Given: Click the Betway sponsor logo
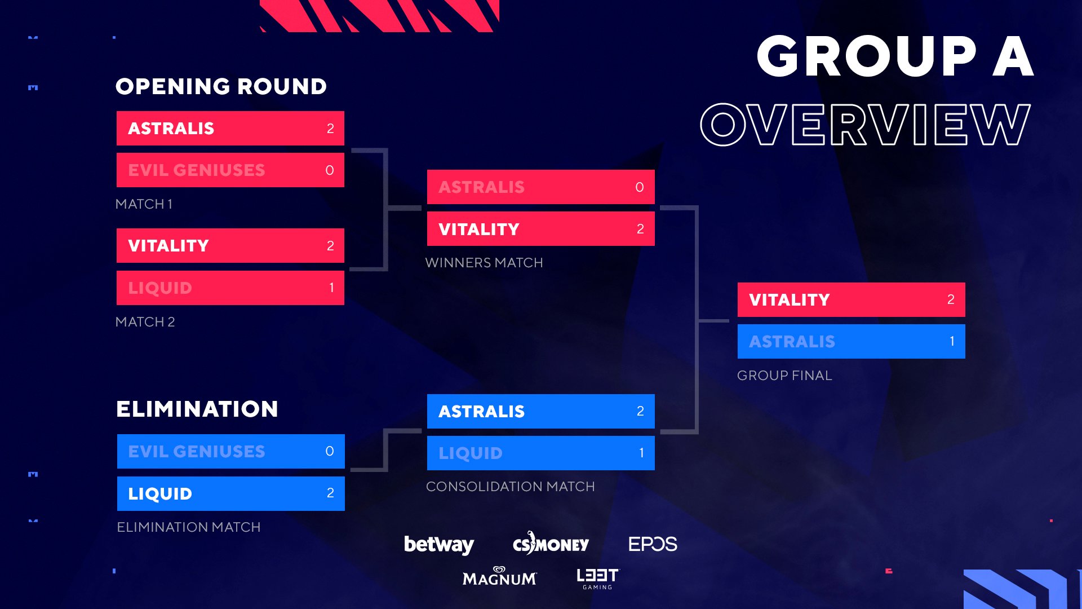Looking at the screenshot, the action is pos(439,544).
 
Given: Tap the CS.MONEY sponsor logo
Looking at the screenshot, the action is pos(551,543).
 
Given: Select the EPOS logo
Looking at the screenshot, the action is pos(653,544).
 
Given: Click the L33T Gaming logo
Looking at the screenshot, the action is pos(598,579).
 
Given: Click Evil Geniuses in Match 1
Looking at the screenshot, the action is pos(197,170).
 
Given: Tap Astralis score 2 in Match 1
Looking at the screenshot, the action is pos(330,129).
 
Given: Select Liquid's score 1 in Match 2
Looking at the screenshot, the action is pos(331,288).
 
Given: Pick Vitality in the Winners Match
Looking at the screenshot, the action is pos(479,230).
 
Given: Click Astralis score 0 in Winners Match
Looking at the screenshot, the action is pos(640,187).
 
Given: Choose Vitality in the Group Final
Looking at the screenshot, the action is pos(790,300).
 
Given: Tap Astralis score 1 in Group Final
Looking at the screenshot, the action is pos(952,341).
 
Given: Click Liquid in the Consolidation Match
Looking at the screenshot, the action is pos(471,453).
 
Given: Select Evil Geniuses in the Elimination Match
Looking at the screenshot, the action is pos(197,452).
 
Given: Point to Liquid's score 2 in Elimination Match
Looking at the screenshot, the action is pos(330,493).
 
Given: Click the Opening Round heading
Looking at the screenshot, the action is pos(221,86).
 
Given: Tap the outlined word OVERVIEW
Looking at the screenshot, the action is pos(866,125).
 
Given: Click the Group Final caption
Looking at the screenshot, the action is pos(784,376).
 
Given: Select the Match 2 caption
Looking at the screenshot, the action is pos(145,322).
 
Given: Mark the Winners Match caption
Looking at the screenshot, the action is pos(484,263).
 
